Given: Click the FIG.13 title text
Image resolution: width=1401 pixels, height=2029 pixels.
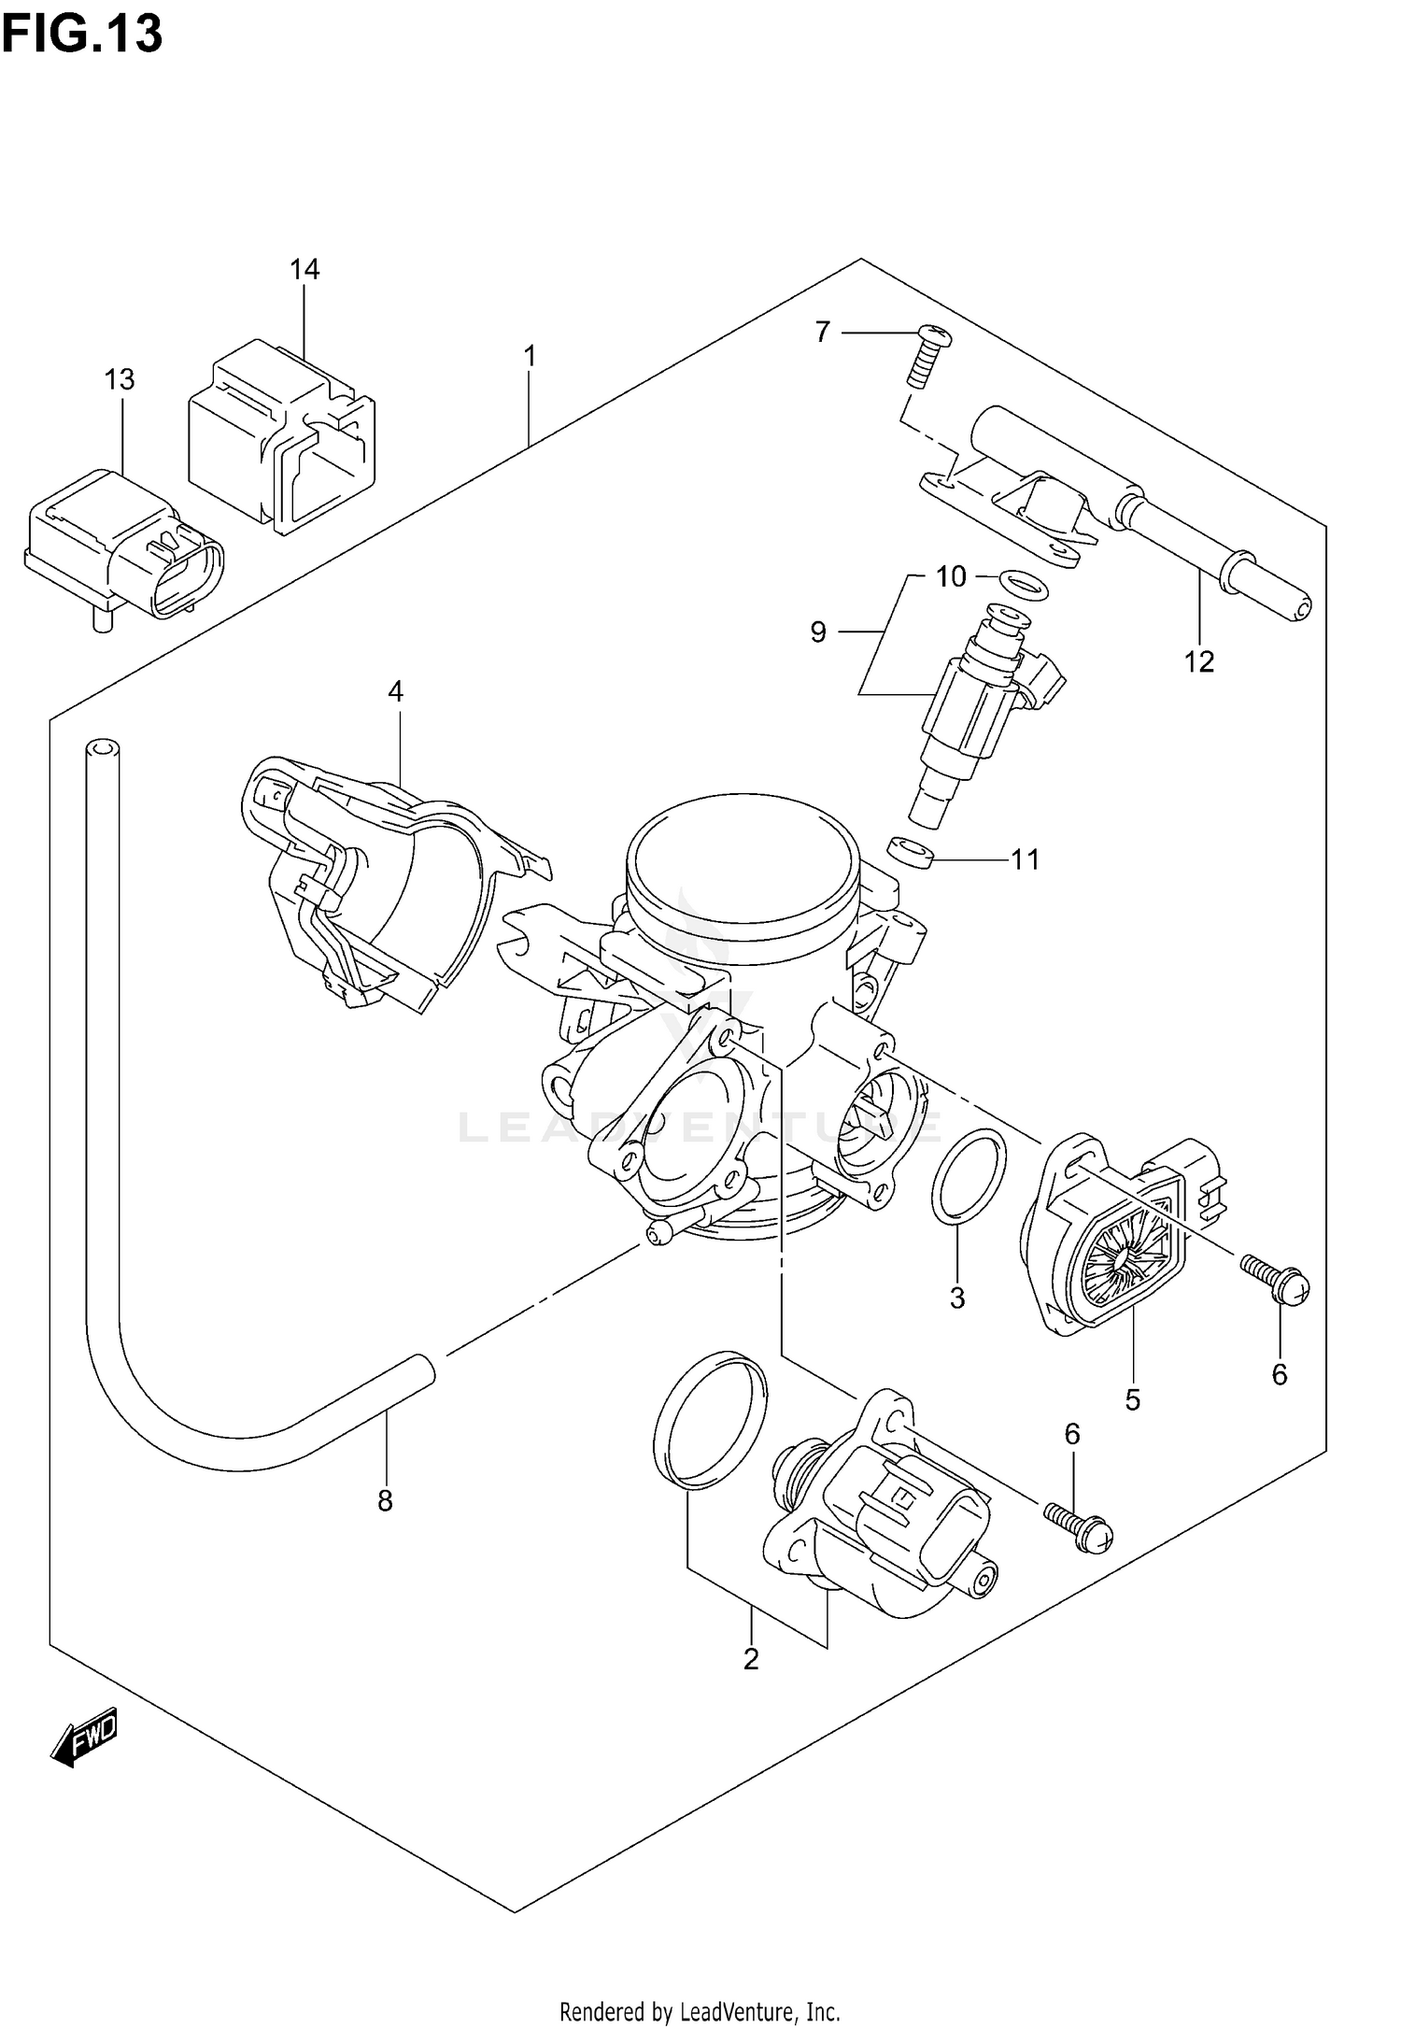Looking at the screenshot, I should pos(82,34).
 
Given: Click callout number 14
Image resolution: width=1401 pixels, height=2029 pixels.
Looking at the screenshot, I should pos(304,269).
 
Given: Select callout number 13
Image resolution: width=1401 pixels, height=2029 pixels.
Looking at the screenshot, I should pos(120,379).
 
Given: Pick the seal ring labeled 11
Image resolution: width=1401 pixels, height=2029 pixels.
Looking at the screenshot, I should pos(911,851).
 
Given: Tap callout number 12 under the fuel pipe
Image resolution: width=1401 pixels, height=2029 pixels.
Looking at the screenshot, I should pos(1199,661).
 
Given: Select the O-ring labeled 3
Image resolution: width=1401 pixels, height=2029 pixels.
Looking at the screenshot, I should pos(969,1175).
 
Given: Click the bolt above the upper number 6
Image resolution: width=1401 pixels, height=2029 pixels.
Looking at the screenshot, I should pos(1278,1281).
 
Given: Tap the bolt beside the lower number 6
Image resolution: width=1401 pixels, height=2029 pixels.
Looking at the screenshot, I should pos(1078,1527).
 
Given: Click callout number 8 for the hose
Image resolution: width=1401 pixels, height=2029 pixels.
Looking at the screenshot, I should pos(385,1501).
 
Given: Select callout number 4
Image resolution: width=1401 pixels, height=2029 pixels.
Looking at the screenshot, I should pos(395,691).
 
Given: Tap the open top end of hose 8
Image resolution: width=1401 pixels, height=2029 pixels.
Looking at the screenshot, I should pos(103,747).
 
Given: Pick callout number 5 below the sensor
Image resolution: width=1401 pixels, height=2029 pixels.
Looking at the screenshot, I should pos(1133,1399).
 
